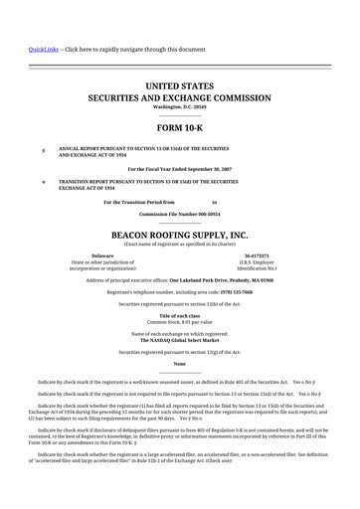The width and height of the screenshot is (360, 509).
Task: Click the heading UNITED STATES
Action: click(179, 87)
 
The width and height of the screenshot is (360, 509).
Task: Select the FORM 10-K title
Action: click(179, 130)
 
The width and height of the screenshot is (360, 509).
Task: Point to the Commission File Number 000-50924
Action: click(179, 214)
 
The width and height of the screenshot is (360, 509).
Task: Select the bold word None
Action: click(179, 364)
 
